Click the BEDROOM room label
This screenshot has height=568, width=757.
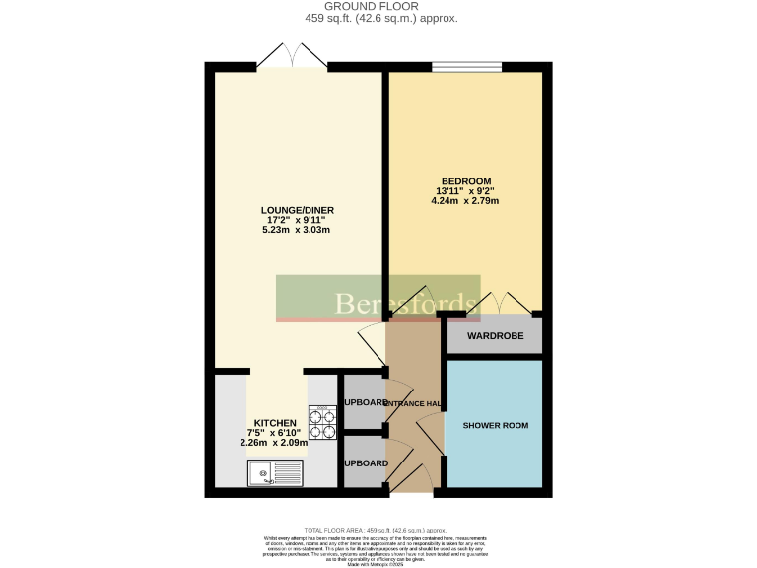[x=465, y=180]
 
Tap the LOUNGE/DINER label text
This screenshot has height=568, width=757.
[x=296, y=209]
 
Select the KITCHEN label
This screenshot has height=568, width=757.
[x=274, y=422]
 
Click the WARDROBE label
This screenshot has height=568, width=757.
[x=495, y=336]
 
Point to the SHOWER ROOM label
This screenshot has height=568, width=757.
[x=495, y=426]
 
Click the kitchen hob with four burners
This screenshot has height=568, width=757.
[x=322, y=422]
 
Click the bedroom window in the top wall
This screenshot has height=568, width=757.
[x=466, y=67]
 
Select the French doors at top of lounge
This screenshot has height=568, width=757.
[x=292, y=58]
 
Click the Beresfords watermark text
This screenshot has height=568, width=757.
[x=405, y=302]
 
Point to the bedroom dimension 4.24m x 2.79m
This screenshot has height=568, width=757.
[x=465, y=201]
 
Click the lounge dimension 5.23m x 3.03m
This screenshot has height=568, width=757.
[x=296, y=230]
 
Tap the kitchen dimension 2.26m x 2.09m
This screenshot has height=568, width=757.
[x=274, y=443]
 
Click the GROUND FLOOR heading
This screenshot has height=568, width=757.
[x=379, y=6]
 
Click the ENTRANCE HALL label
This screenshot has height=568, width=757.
[x=412, y=404]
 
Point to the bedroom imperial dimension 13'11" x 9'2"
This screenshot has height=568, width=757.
[x=465, y=191]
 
